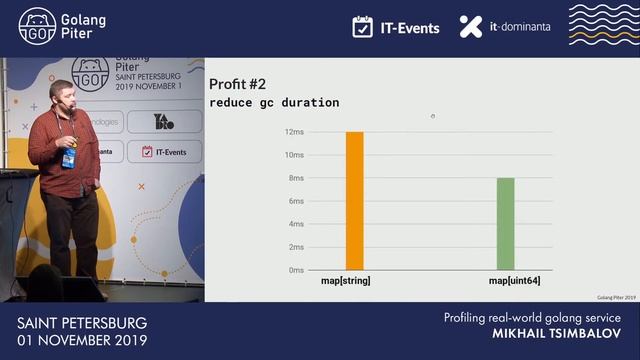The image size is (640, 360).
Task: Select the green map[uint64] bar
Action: pos(506,224)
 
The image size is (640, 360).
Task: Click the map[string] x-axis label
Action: pos(346,281)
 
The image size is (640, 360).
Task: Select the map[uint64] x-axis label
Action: pos(514,281)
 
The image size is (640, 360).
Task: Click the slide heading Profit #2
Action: pos(236,83)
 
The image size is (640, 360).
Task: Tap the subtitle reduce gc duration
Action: pos(274,102)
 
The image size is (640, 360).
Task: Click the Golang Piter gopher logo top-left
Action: pos(37,26)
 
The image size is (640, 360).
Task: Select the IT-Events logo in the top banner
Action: pos(396,27)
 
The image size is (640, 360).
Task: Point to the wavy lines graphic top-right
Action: pos(602,25)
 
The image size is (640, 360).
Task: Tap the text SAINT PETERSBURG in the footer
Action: pos(82,323)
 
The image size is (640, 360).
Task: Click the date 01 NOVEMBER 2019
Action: pos(82,341)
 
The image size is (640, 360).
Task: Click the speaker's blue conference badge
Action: pos(68,158)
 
